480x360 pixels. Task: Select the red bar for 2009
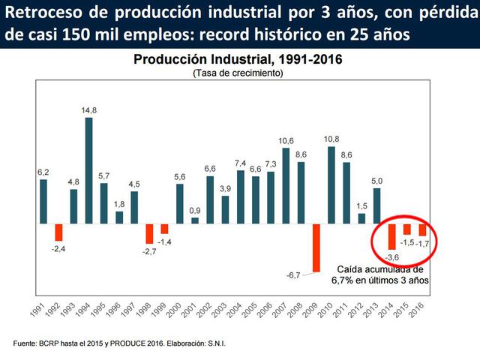(x=316, y=247)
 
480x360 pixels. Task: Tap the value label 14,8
(x=88, y=110)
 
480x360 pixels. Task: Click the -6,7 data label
(x=294, y=274)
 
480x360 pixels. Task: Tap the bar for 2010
(x=331, y=184)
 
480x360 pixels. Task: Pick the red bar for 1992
(x=58, y=232)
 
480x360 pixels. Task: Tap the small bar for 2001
(x=195, y=220)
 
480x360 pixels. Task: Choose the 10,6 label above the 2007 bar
(x=286, y=140)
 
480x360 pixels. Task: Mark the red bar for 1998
(x=149, y=233)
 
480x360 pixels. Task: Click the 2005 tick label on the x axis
(x=253, y=304)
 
